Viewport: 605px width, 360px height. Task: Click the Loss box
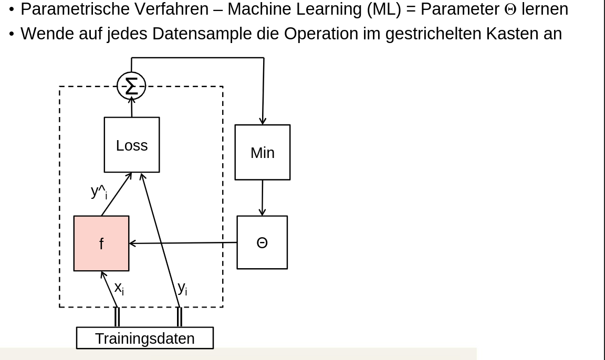132,145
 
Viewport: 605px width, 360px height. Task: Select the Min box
262,152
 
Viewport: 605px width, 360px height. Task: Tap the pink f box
101,243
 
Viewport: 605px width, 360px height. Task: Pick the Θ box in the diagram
262,242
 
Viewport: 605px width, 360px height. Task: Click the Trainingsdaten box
145,338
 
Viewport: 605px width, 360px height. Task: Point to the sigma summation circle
131,86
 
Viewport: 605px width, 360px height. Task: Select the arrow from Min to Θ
263,197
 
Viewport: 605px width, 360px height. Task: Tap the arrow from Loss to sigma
132,108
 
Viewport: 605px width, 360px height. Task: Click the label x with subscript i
119,288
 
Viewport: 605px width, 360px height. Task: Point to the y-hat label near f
99,192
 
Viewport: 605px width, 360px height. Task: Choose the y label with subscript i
182,288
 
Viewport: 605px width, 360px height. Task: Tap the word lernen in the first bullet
545,9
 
